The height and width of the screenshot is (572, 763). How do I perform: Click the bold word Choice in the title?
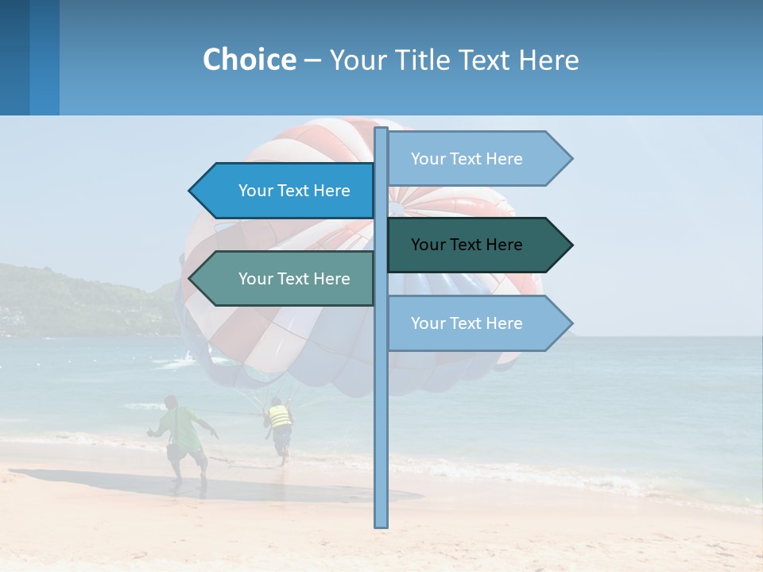[x=249, y=60]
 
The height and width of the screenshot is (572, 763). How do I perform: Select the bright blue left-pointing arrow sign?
[x=286, y=191]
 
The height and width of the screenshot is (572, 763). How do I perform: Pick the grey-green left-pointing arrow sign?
[x=286, y=279]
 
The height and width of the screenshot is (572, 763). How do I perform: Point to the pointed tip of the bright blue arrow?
[x=192, y=191]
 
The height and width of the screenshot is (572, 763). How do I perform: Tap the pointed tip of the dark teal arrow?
[x=570, y=245]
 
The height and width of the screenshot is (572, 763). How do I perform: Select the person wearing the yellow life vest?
[x=279, y=421]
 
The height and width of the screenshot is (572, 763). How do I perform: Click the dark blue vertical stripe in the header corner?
[x=14, y=57]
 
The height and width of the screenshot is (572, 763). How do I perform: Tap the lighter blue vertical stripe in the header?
[x=45, y=57]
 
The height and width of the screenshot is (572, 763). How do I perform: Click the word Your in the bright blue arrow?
[x=255, y=191]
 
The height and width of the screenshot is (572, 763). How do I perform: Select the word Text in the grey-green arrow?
[x=294, y=279]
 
